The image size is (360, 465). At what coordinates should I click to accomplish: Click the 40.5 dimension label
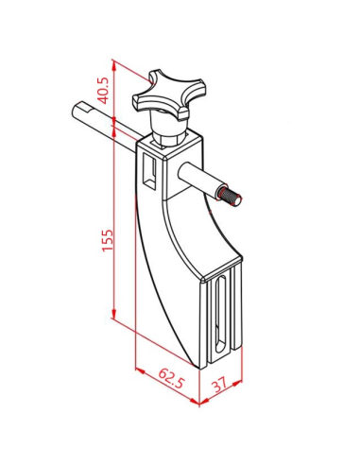tap(104, 91)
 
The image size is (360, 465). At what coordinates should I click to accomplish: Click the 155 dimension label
tap(108, 240)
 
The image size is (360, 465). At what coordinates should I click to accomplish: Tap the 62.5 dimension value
tap(171, 378)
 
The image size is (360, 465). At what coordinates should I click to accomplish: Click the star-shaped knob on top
tap(168, 95)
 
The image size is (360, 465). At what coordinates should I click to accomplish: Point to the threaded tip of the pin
tap(231, 197)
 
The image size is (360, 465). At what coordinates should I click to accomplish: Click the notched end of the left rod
tap(82, 109)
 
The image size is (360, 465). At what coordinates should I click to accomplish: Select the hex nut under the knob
tap(168, 139)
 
